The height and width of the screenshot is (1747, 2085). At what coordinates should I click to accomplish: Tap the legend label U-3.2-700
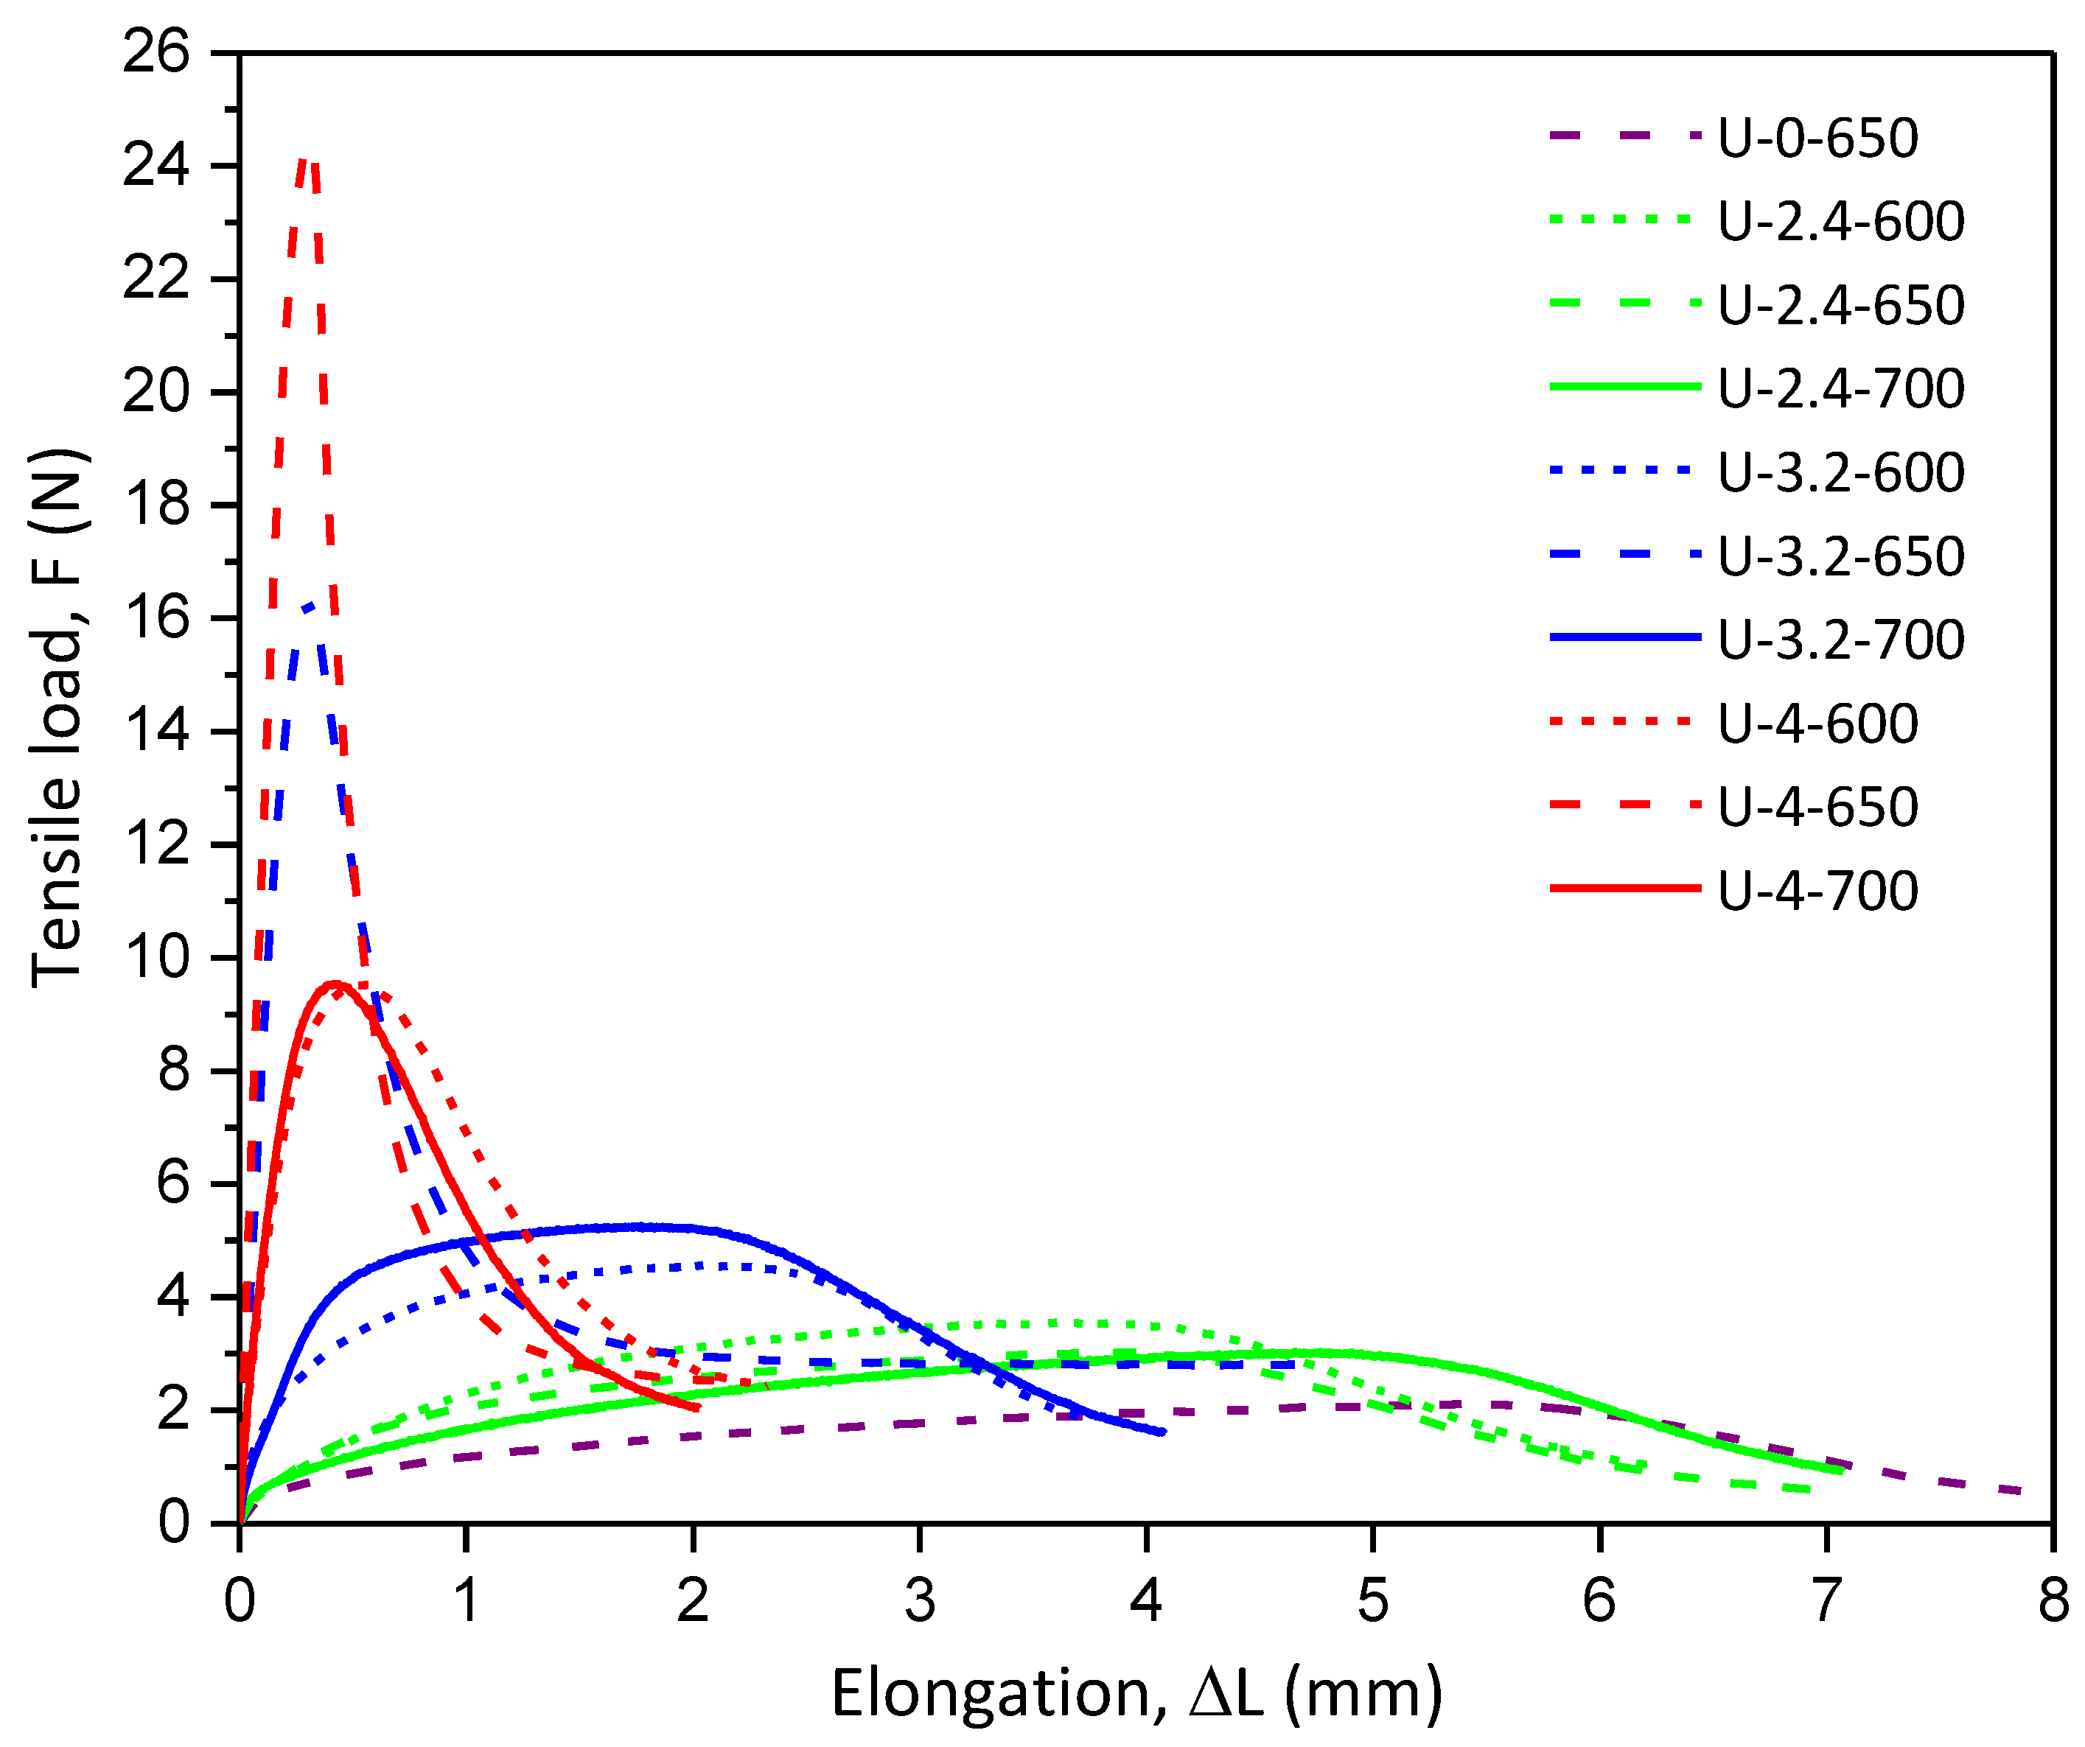1841,640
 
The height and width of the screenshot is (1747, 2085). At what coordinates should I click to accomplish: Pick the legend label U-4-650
1818,807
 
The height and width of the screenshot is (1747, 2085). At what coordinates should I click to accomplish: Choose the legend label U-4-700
1818,890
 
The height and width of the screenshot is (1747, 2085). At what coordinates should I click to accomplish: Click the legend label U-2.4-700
1841,388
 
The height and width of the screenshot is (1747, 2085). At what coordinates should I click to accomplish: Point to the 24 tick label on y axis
156,166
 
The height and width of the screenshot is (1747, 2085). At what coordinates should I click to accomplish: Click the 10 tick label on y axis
156,958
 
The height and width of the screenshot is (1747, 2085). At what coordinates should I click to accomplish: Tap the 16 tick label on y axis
156,618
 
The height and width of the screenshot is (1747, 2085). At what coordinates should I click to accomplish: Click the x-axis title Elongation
1136,1693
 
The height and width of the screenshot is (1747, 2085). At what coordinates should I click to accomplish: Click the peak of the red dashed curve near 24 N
307,161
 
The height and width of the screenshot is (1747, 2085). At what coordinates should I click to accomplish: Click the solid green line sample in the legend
1625,386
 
